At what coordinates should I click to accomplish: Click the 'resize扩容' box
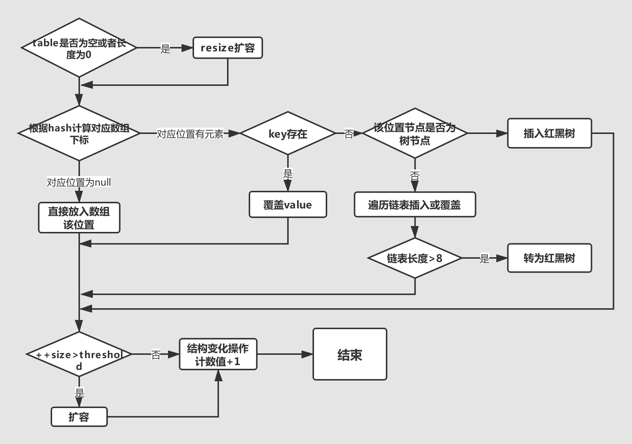tap(228, 48)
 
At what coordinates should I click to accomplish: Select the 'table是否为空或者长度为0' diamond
tap(79, 48)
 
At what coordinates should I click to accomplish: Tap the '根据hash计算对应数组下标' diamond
tap(79, 133)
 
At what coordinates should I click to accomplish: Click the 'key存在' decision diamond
tap(288, 134)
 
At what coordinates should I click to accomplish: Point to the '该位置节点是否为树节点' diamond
tap(415, 134)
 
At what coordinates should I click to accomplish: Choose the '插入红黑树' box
tap(549, 133)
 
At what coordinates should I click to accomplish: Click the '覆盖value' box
tap(288, 204)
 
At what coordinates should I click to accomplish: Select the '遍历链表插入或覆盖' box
tap(415, 204)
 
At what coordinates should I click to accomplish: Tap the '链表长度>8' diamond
tap(415, 258)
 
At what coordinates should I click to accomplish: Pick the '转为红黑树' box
tap(549, 258)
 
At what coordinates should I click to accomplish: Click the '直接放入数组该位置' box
tap(79, 218)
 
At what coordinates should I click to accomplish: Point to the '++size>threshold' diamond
tap(79, 354)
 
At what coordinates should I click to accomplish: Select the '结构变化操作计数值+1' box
tap(218, 354)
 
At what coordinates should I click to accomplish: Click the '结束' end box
tap(350, 354)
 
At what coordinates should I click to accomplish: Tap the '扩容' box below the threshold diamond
tap(79, 417)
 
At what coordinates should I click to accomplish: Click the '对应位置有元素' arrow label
tap(190, 134)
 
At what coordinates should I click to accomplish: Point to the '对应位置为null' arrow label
tap(79, 182)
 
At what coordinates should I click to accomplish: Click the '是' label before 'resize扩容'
tap(165, 48)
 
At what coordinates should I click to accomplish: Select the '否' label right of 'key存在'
tap(349, 134)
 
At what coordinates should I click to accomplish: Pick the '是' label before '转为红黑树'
tap(485, 258)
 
